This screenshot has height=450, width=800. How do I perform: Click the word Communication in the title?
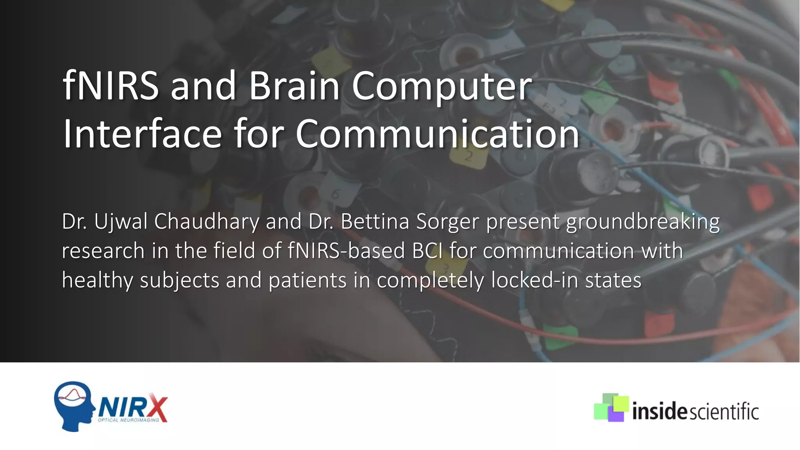tap(437, 134)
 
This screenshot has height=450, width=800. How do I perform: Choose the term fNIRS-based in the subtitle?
tap(346, 251)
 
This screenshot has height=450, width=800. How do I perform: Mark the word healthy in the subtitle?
tap(97, 280)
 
